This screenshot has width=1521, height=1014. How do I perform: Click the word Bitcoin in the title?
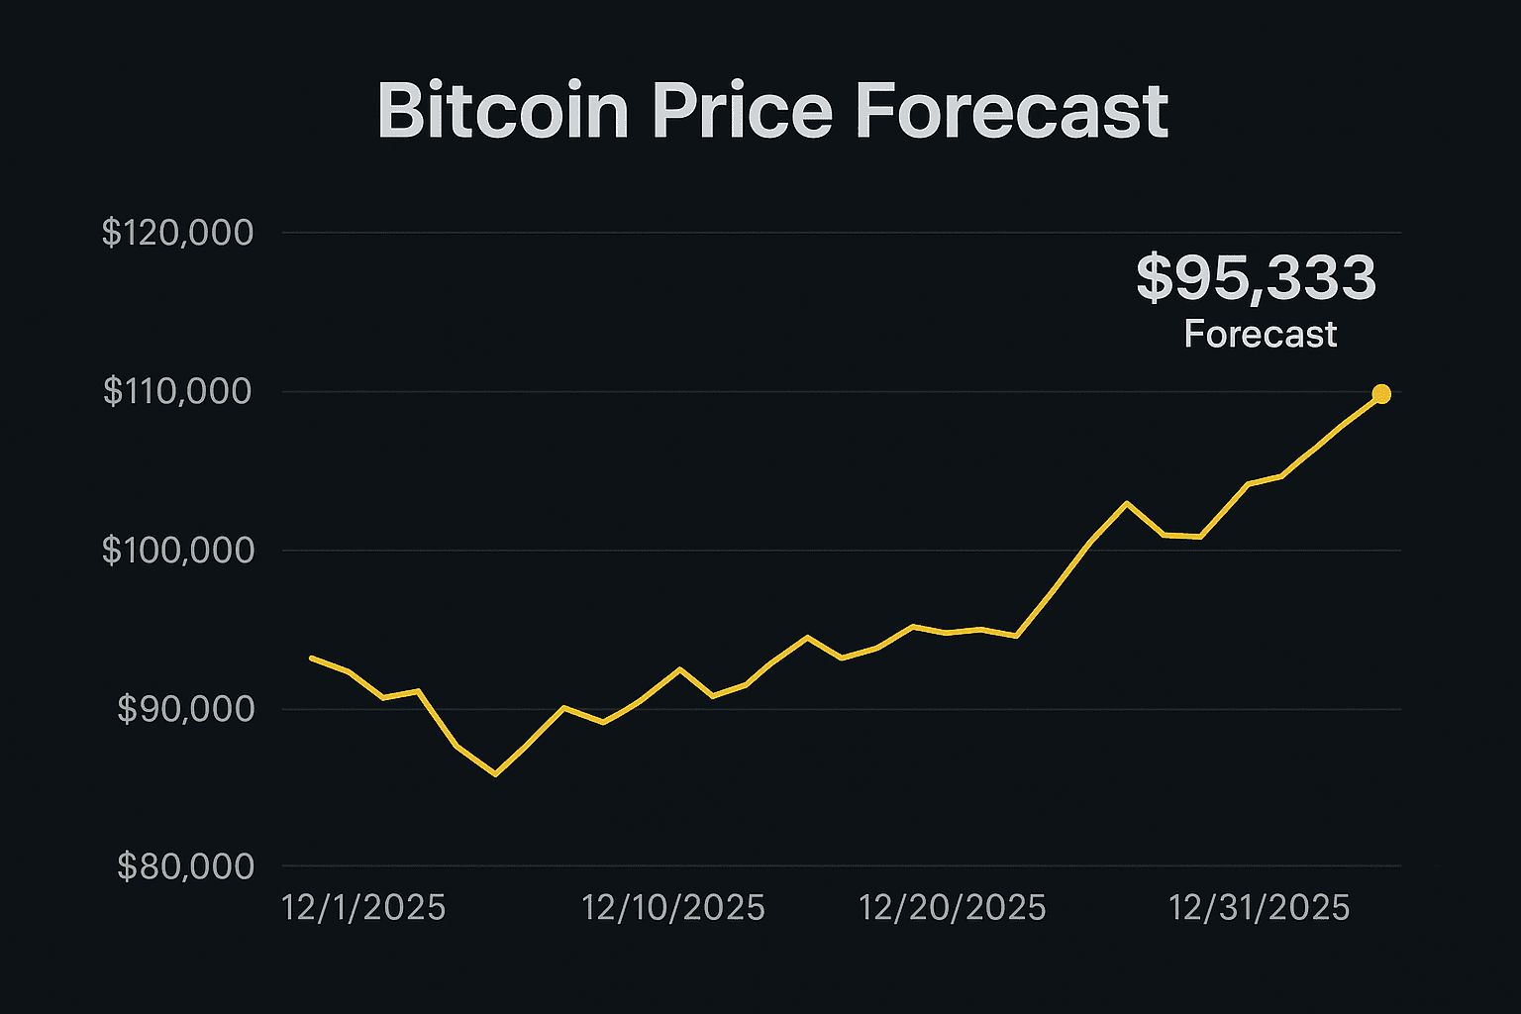coord(503,111)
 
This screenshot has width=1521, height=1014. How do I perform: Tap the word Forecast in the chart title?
coord(1010,111)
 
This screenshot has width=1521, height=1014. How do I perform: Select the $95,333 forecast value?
coord(1256,277)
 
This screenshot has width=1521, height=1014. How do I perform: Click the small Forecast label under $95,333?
coord(1260,335)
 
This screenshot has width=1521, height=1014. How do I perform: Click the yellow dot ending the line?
coord(1381,394)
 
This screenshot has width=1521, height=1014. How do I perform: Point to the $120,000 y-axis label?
coord(178,234)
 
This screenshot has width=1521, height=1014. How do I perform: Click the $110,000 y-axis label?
coord(178,392)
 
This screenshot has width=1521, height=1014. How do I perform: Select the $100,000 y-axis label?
coord(178,551)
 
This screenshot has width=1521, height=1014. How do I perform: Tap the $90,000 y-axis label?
coord(185,709)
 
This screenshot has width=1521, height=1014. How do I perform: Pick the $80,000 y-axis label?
coord(185,867)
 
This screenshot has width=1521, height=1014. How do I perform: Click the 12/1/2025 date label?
coord(363,908)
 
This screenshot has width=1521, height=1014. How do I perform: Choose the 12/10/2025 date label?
coord(672,908)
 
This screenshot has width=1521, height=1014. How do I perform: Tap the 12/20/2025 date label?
coord(952,908)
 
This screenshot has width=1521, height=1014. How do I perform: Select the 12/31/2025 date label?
coord(1259,908)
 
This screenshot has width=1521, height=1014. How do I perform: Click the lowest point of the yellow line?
coord(495,773)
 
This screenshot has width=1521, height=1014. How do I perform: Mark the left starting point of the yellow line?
coord(312,658)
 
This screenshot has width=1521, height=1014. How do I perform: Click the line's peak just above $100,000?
coord(1126,503)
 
